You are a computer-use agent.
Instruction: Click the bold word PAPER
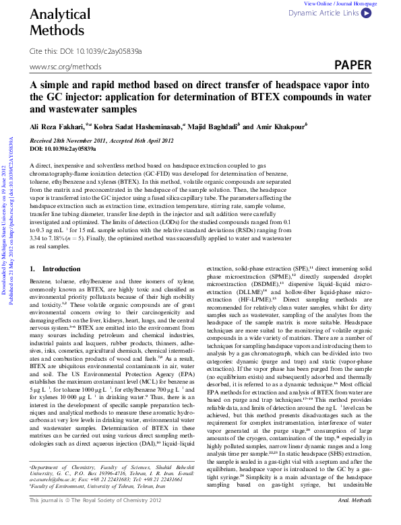[352, 65]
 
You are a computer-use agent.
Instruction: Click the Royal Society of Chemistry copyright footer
[96, 519]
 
